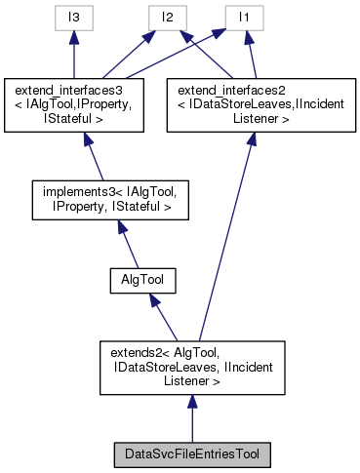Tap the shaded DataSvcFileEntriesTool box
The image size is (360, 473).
point(192,453)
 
